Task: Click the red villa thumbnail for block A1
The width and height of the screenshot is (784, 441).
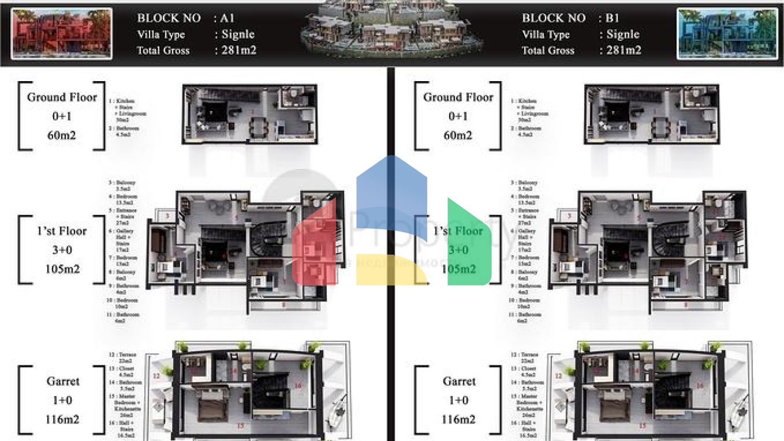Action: pyautogui.click(x=61, y=34)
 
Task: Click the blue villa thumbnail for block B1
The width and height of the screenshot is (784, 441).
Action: pyautogui.click(x=727, y=34)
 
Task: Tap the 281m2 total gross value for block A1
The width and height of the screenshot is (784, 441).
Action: pyautogui.click(x=238, y=50)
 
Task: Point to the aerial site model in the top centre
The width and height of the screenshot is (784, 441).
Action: pyautogui.click(x=392, y=28)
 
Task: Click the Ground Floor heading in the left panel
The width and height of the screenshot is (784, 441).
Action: pyautogui.click(x=62, y=97)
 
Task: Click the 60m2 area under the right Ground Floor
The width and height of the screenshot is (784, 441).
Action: pyautogui.click(x=458, y=135)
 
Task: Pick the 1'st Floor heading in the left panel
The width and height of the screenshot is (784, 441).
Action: pyautogui.click(x=62, y=231)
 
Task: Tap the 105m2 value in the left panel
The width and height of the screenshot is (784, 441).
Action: pyautogui.click(x=62, y=269)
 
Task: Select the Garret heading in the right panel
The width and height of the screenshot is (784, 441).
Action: pyautogui.click(x=459, y=381)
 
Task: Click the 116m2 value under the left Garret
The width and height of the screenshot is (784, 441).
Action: pyautogui.click(x=62, y=420)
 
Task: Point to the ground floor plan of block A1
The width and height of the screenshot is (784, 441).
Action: pyautogui.click(x=250, y=114)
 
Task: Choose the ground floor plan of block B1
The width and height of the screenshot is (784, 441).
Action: pyautogui.click(x=651, y=114)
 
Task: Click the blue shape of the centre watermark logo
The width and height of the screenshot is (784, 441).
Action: pyautogui.click(x=391, y=194)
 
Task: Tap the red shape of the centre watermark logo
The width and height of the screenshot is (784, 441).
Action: pyautogui.click(x=315, y=250)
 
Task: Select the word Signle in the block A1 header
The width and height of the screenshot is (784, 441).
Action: pyautogui.click(x=238, y=34)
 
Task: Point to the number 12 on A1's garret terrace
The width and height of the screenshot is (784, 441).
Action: pyautogui.click(x=156, y=376)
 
